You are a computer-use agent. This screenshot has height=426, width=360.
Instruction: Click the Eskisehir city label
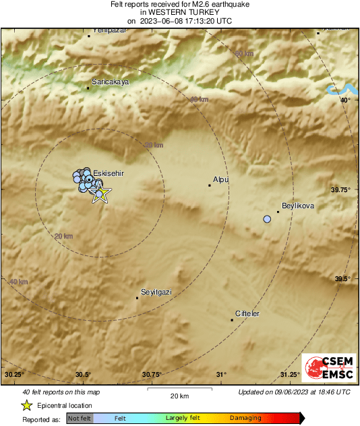click(x=109, y=173)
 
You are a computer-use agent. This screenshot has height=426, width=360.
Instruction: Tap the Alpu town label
click(x=220, y=179)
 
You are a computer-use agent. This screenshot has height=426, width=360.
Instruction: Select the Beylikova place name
click(x=298, y=206)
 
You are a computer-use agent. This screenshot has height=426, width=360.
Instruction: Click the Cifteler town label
click(x=247, y=314)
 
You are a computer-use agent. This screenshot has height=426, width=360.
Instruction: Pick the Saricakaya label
click(x=110, y=82)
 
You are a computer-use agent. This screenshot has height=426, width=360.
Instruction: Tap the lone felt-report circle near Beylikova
click(x=267, y=219)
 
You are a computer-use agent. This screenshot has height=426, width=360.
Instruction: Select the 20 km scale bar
click(x=179, y=390)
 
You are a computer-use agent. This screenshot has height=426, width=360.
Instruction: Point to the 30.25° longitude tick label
click(x=14, y=374)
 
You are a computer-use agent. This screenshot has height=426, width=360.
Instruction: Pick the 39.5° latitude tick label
click(x=342, y=278)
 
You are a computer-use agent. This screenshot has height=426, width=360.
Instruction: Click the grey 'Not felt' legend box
click(x=80, y=419)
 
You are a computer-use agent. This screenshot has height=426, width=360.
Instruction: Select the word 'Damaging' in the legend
click(x=245, y=419)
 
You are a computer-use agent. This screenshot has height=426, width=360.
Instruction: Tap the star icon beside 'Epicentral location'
click(x=27, y=405)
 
